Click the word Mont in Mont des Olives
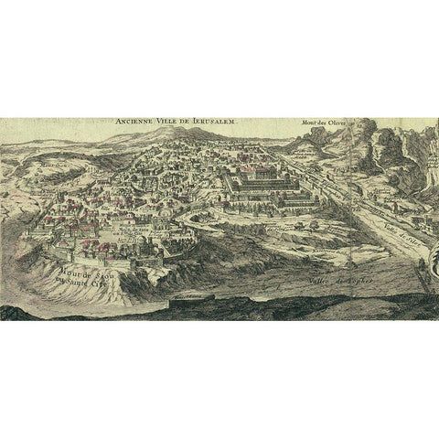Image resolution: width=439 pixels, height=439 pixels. click(307, 123)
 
